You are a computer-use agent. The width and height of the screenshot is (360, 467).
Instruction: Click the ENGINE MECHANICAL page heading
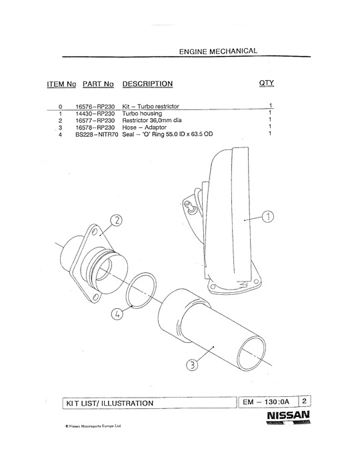(218, 51)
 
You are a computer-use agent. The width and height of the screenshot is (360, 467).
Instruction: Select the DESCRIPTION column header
(147, 84)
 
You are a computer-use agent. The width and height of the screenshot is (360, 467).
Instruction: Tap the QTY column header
(266, 83)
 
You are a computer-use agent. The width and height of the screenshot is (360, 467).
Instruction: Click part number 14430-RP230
(95, 113)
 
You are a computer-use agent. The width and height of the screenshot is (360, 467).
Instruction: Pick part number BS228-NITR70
(97, 134)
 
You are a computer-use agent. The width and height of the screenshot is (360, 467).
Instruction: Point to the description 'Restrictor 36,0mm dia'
(152, 120)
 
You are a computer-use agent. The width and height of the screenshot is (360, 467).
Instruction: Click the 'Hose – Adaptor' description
(144, 127)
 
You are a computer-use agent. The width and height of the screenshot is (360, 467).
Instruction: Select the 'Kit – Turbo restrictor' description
(151, 106)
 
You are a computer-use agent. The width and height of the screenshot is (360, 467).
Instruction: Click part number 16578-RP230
(95, 127)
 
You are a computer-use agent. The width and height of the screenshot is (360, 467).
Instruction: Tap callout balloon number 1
(268, 217)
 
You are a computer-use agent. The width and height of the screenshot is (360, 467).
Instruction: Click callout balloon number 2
(116, 220)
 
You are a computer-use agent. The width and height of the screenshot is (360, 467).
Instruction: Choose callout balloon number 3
(192, 365)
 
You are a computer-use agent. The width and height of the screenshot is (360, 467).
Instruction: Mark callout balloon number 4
(117, 314)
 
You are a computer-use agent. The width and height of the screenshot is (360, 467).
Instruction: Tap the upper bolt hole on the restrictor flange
(95, 231)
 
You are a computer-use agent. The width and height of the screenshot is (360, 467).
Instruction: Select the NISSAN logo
(288, 417)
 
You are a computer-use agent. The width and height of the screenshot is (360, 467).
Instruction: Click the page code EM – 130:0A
(266, 402)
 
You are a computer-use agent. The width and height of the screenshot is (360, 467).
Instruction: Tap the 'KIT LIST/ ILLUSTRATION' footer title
(109, 403)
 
